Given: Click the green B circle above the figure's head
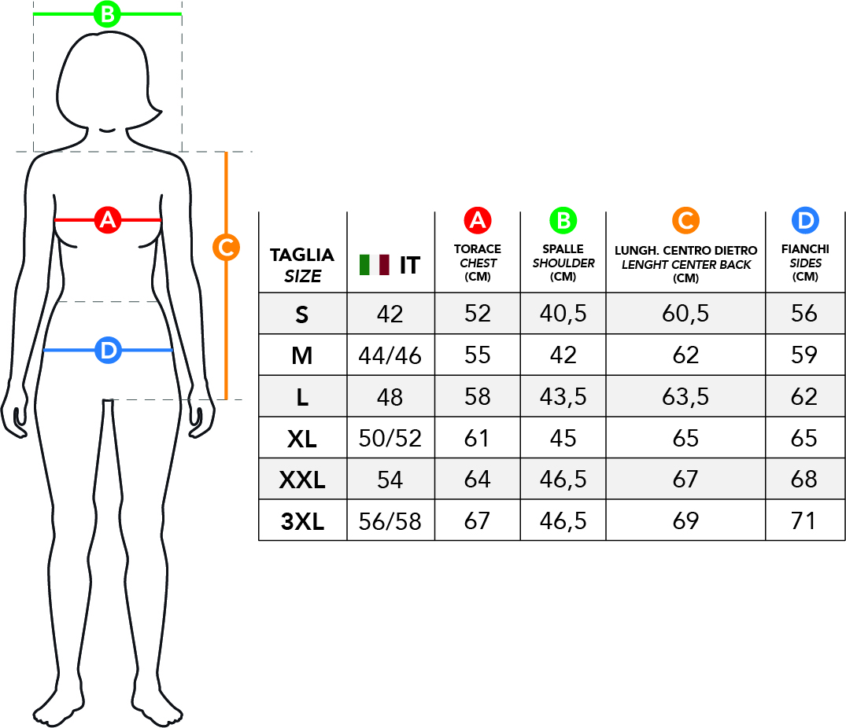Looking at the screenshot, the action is coord(107,14).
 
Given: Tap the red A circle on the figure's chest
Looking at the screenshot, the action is coord(107,220).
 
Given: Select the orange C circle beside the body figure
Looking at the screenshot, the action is coord(226,248).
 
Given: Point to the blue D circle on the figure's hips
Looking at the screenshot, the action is coord(108,351).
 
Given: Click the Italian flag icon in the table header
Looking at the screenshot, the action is coord(375,265).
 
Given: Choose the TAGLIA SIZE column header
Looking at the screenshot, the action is coord(302,265).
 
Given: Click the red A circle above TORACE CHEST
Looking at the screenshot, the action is coord(478,220).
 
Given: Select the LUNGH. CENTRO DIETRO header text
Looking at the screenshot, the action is coord(685,251).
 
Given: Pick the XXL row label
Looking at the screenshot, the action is coord(302,480).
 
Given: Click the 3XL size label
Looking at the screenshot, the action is coord(302,521).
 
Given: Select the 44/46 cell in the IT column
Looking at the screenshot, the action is coord(390,355).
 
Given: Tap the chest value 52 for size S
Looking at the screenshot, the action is coord(478,314).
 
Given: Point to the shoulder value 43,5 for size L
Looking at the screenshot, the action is coord(563,397).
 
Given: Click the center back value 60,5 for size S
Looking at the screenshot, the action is coord(685,314).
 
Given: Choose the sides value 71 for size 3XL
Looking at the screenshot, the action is coord(804,521).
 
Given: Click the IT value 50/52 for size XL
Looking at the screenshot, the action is coord(390,439).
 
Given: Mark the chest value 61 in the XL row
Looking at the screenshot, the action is coord(476,438).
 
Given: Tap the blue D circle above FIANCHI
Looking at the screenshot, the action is coord(805,220).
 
